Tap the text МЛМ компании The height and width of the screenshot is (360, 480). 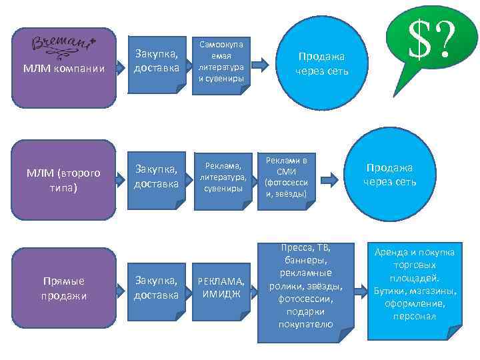tap(65, 68)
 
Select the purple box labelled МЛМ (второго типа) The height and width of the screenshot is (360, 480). tap(63, 180)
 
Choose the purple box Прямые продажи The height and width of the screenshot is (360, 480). tap(63, 287)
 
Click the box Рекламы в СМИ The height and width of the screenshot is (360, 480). tap(287, 178)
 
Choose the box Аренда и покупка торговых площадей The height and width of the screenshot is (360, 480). tap(414, 285)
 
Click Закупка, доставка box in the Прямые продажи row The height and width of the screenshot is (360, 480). tap(156, 287)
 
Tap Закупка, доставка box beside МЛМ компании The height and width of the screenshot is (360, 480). tap(156, 61)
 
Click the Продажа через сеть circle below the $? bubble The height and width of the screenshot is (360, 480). tap(390, 175)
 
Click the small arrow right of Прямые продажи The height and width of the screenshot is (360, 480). tap(119, 288)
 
